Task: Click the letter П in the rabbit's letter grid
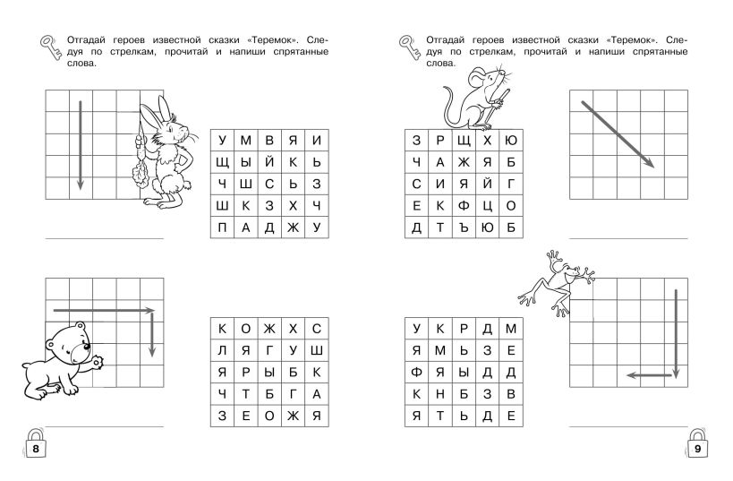pos(222,228)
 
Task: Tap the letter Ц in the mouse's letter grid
pos(488,206)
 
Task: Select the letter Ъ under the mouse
pos(464,228)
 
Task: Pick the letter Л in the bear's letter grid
pos(222,350)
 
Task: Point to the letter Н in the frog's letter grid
pos(440,394)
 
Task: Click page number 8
pos(36,449)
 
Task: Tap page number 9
pos(697,449)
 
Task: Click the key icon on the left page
pos(50,47)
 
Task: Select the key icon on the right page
pos(410,47)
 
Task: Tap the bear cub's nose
pos(86,347)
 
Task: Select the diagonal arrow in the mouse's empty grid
pos(618,134)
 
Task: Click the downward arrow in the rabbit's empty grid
pos(80,145)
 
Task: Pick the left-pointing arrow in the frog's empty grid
pos(649,375)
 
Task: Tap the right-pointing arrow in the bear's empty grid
pos(104,310)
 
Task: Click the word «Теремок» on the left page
pos(273,40)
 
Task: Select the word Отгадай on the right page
pos(445,40)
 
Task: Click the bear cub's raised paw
pos(98,362)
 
